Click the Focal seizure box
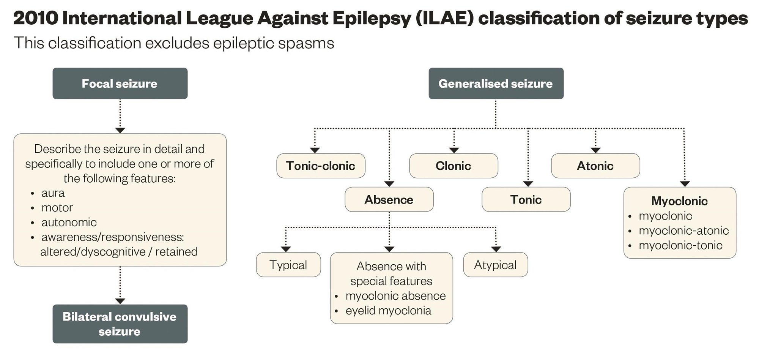point(120,84)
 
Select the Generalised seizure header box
point(496,84)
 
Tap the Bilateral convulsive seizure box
point(120,324)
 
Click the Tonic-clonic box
point(321,166)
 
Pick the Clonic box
point(453,166)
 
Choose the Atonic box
point(595,166)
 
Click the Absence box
point(389,200)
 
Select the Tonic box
point(526,200)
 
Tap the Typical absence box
point(288,265)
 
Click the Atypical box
point(495,265)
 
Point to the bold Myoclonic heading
point(679,201)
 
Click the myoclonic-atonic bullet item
point(683,231)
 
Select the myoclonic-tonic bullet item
point(680,245)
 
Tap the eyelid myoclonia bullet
point(388,311)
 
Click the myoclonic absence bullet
point(395,296)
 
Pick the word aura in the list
point(53,193)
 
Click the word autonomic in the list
point(69,222)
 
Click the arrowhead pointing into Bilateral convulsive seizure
point(120,301)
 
